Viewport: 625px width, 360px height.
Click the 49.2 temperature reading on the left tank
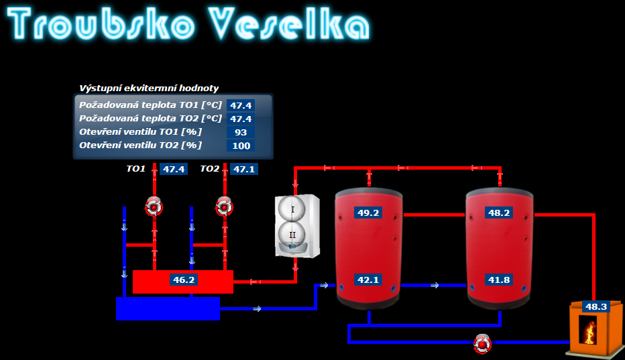click(368, 213)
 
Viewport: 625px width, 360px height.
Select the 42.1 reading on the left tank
click(368, 280)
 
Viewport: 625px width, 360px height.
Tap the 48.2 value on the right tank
click(499, 213)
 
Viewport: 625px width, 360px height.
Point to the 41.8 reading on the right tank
click(499, 280)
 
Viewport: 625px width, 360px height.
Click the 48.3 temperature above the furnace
click(595, 306)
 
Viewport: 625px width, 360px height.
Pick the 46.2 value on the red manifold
click(183, 280)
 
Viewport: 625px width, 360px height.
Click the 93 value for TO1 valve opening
click(241, 132)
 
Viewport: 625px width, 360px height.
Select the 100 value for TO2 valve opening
click(241, 145)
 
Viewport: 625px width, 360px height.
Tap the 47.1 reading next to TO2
click(243, 169)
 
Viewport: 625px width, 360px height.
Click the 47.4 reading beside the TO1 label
click(174, 169)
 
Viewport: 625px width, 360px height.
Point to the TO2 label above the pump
click(210, 169)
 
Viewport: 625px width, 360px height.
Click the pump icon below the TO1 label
click(154, 206)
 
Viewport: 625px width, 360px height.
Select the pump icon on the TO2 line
click(224, 206)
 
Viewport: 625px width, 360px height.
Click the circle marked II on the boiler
click(293, 235)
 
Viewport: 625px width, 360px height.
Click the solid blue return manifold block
click(168, 308)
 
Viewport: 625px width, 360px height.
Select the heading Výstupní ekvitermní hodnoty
click(149, 88)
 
